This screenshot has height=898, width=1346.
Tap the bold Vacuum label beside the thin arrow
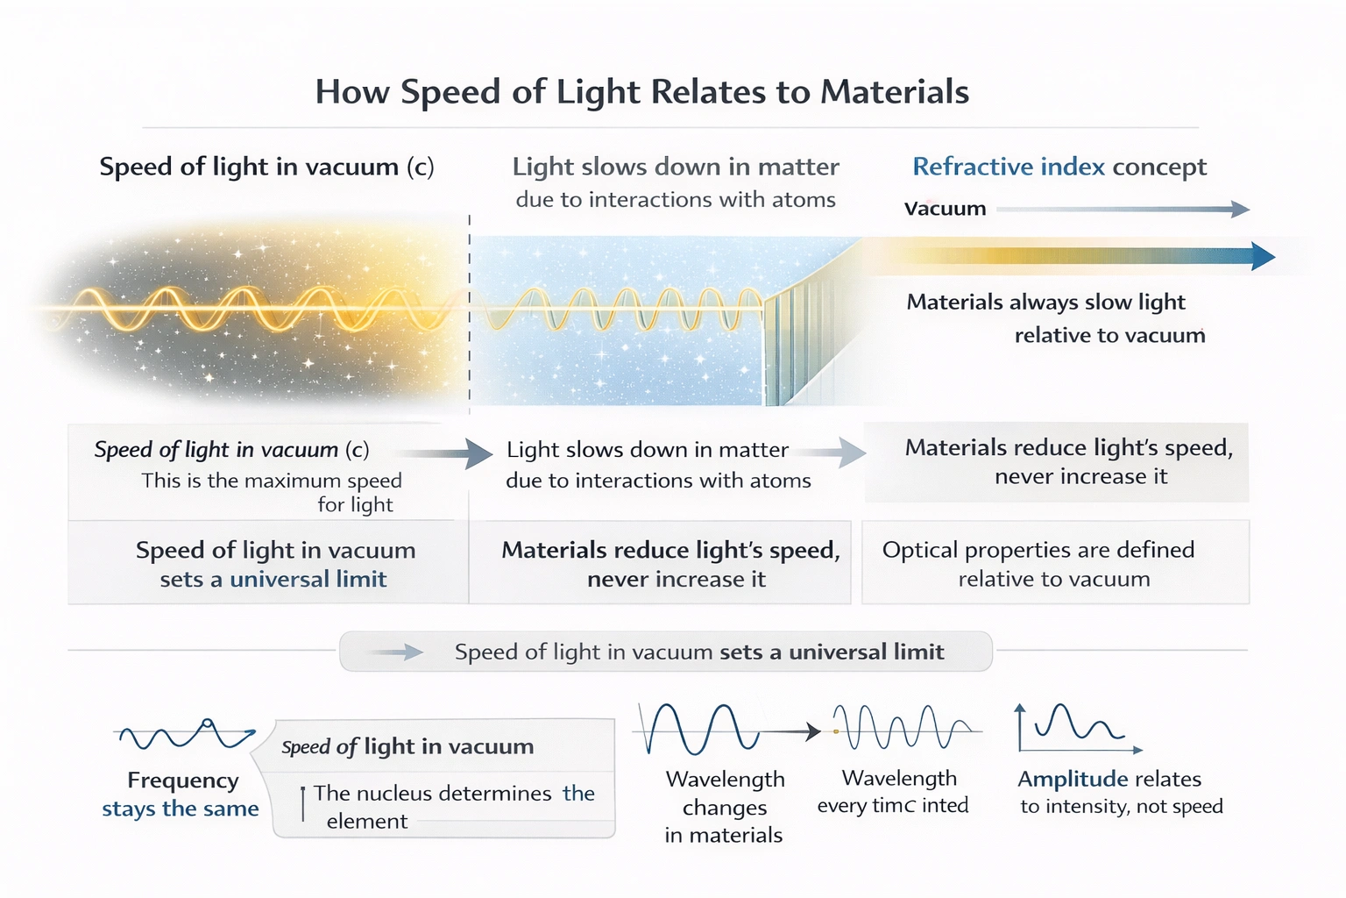coord(945,209)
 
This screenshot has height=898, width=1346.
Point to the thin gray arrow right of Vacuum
coord(1122,209)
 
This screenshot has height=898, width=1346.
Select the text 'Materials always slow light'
coord(1045,303)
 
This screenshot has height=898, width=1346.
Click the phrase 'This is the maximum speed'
coord(272,481)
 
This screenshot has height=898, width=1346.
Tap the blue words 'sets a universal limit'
coord(273,580)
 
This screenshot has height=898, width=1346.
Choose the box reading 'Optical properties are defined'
coord(1055,562)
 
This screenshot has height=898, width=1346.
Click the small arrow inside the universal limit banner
coord(399,652)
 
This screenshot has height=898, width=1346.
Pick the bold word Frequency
coord(182,780)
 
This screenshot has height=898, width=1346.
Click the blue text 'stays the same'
coord(181,809)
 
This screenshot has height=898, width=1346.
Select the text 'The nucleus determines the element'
coord(453,806)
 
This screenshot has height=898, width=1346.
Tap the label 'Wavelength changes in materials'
coord(724,807)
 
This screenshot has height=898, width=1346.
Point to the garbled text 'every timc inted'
coord(893,806)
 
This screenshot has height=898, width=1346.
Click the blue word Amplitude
coord(1072,780)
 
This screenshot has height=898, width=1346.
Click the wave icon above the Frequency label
coord(184,735)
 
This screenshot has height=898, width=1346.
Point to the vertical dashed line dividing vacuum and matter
coord(470,316)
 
